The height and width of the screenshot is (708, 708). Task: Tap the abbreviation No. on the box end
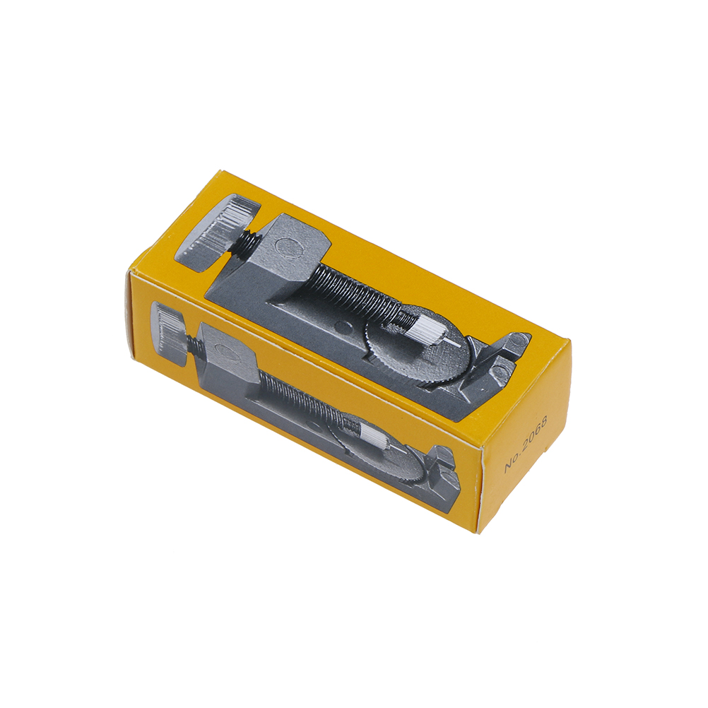click(x=511, y=465)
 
